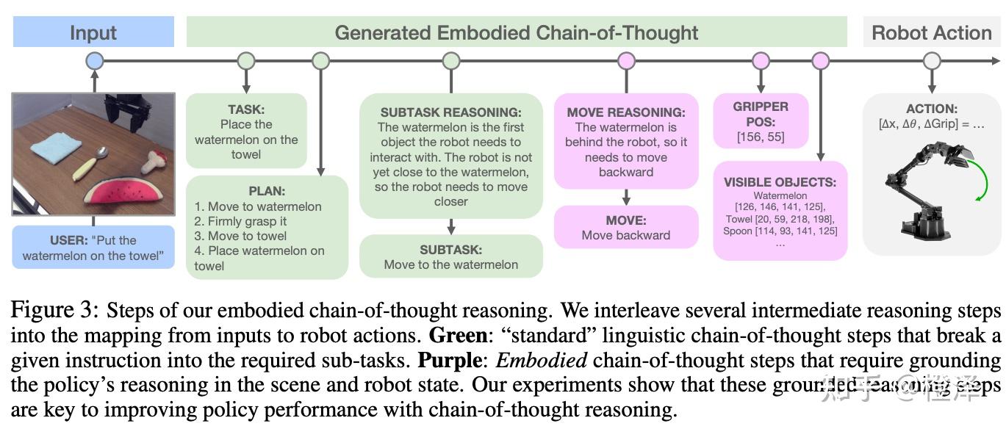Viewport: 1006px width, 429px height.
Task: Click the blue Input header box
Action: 93,33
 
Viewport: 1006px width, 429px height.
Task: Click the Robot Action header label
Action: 931,33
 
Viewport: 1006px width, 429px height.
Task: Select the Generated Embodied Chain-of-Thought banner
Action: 516,33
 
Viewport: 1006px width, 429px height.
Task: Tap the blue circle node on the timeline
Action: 95,61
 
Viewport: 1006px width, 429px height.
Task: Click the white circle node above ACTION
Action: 931,61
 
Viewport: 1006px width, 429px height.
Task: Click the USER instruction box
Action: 93,248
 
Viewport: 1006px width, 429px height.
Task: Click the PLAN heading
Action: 266,191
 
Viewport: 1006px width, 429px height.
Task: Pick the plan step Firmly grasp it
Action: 240,221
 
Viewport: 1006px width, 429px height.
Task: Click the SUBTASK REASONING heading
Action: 450,112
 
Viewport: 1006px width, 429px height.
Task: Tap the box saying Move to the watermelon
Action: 450,256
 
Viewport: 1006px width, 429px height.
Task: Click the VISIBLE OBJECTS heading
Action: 780,182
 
